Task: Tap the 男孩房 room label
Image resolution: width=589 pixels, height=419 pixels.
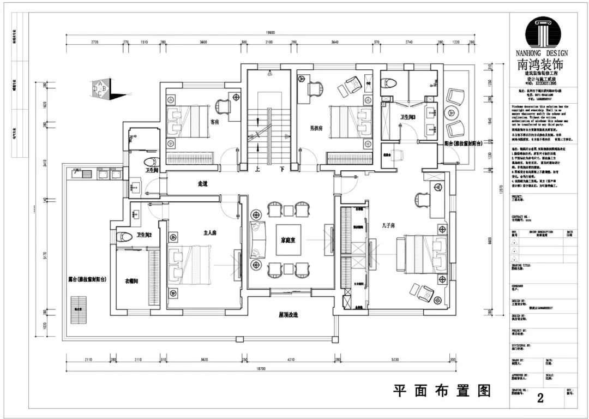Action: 317,128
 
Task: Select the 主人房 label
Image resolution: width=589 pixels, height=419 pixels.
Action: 210,233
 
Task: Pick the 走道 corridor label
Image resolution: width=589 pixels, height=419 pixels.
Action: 202,184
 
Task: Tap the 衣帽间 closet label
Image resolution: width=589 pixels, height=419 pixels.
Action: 131,281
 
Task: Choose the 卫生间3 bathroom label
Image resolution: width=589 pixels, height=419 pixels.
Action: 408,117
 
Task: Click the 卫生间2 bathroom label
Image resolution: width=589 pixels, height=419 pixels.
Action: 145,235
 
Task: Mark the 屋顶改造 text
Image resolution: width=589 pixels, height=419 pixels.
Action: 289,315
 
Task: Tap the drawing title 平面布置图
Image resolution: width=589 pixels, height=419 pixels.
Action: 442,391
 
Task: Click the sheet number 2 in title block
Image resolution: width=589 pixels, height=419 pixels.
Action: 540,398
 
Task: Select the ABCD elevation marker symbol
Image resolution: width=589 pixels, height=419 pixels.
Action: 101,87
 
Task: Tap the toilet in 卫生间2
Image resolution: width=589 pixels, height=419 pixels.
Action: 127,237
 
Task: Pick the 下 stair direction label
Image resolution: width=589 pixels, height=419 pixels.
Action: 282,169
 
